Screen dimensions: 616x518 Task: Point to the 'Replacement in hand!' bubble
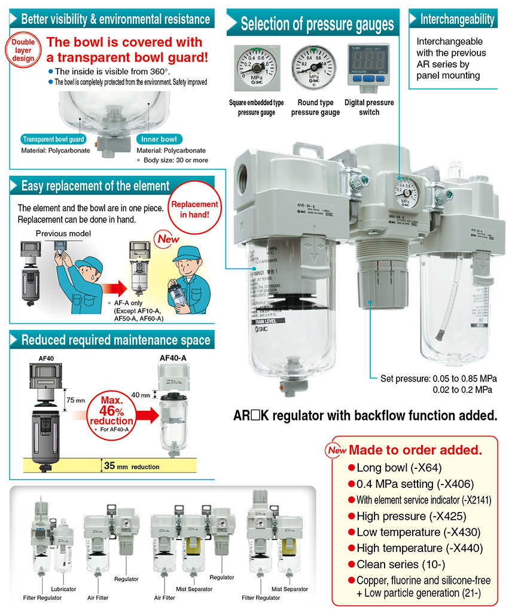click(195, 209)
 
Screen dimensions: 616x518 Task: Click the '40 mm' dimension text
click(141, 394)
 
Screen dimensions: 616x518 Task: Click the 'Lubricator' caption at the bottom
click(63, 589)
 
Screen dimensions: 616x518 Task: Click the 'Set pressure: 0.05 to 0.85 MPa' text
click(440, 379)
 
